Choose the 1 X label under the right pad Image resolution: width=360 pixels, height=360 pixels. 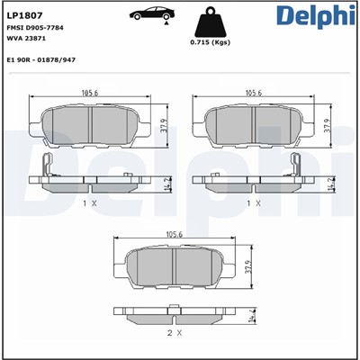254,203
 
